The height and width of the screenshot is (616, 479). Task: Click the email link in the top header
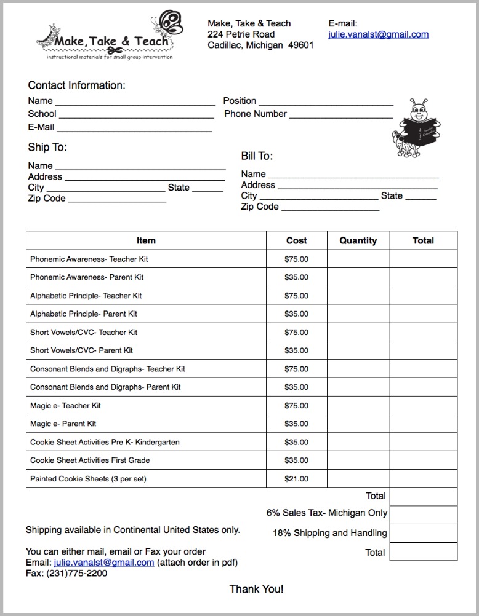point(378,34)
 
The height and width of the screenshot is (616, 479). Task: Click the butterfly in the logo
point(171,23)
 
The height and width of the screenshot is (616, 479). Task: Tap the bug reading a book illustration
point(417,127)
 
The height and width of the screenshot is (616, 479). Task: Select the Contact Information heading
point(76,85)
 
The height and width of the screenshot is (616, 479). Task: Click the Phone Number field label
point(255,114)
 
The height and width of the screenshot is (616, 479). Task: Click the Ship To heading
point(47,148)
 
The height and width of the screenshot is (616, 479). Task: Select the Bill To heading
point(257,156)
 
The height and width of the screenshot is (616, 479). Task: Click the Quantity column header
point(358,241)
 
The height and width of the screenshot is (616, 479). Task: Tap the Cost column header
point(296,241)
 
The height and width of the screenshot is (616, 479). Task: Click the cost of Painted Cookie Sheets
point(296,479)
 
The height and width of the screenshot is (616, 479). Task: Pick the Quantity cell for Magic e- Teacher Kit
point(358,406)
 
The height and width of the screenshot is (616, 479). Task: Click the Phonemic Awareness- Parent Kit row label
point(87,277)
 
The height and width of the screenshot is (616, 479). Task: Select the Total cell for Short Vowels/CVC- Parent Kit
point(423,350)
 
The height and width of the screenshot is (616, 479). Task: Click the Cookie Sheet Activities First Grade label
point(90,460)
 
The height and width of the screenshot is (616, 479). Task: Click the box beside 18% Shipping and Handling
point(423,533)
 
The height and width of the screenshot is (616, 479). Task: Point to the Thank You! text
point(256,590)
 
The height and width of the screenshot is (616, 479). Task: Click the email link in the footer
point(104,563)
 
